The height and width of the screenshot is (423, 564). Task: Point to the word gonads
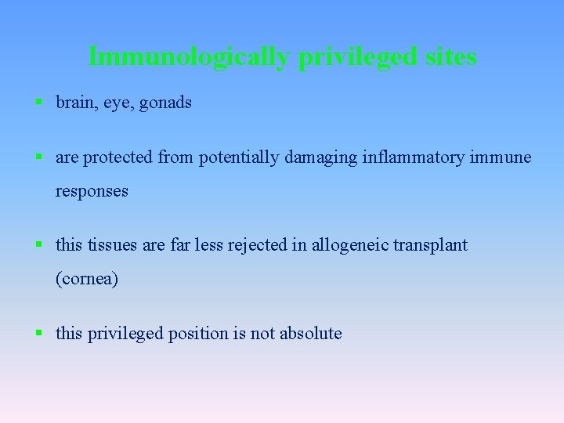[x=165, y=103]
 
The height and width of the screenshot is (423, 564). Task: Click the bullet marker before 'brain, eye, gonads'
[x=38, y=103]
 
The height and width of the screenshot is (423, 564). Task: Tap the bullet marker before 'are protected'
[x=38, y=157]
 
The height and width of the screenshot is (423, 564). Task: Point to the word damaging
[x=320, y=157]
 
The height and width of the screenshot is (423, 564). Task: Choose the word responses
[x=92, y=191]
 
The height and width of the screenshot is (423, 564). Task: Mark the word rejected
[x=261, y=245]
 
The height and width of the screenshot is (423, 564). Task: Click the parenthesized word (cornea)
[x=87, y=279]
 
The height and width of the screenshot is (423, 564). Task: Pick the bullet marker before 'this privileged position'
[x=38, y=333]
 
